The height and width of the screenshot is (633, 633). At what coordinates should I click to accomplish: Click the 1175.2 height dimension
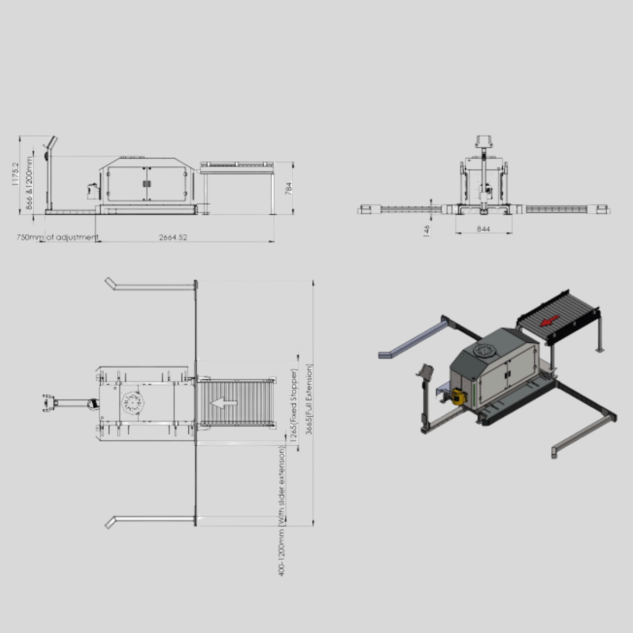click(15, 174)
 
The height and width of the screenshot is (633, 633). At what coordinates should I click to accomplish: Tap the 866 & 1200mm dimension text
click(30, 182)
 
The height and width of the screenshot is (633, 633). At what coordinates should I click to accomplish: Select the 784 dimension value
click(289, 189)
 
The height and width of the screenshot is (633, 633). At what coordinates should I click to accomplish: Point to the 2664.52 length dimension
click(173, 237)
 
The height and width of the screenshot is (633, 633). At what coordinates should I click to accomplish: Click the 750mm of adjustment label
click(57, 237)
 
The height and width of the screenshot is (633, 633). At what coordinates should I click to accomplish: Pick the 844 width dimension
click(483, 229)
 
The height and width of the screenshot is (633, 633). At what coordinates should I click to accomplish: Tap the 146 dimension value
click(427, 230)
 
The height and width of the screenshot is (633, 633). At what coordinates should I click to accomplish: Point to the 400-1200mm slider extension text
click(282, 512)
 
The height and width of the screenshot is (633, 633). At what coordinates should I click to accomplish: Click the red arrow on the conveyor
click(550, 320)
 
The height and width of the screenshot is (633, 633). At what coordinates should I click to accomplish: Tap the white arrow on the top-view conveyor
click(224, 403)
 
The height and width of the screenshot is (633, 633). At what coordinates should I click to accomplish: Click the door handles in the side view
click(146, 184)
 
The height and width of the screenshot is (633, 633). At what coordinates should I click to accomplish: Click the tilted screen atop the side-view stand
click(51, 143)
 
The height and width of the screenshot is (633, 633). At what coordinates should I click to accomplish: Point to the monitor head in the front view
click(485, 141)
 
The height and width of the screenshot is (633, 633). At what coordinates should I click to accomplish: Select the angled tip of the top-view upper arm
click(109, 282)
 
